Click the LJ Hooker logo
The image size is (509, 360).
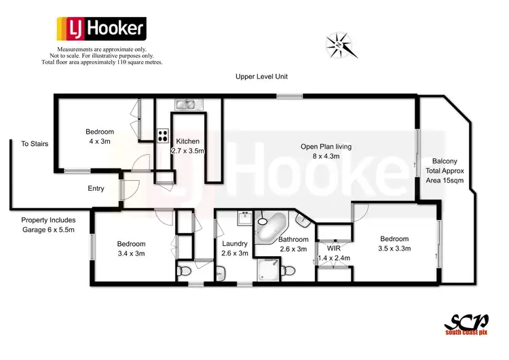tap(100, 29)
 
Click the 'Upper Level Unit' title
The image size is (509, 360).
tap(261, 77)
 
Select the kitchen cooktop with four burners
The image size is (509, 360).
tap(163, 135)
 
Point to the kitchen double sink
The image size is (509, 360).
tap(185, 105)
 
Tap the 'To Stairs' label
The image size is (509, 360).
tap(35, 144)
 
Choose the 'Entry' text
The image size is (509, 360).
tap(96, 188)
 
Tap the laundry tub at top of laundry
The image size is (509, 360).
tap(244, 219)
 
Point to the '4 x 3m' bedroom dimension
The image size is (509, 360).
tap(99, 141)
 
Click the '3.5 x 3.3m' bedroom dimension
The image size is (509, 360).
tap(394, 249)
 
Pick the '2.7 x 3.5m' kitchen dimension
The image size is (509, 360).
tap(187, 151)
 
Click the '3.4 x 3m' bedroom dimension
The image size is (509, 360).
tap(131, 253)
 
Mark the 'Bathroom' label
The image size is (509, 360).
tap(294, 239)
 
